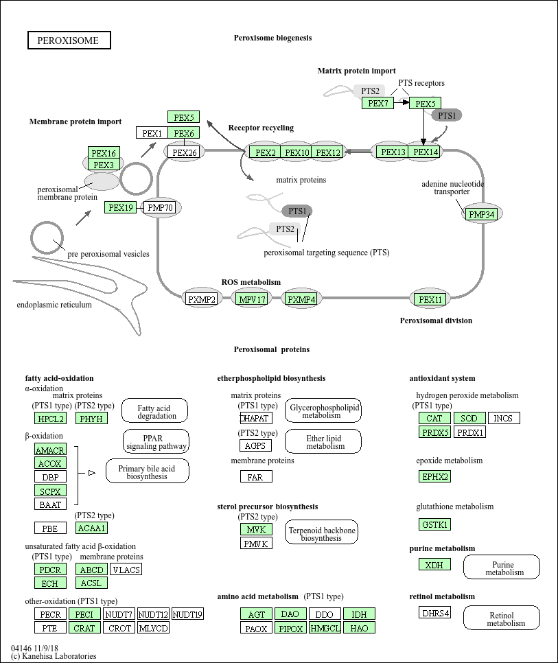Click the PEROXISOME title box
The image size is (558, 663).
coord(69,40)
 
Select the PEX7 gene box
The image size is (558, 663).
coord(377,103)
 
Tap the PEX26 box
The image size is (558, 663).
coord(184,152)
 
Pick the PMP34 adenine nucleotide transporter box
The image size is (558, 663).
coord(480,215)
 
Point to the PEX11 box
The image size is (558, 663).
coord(430,299)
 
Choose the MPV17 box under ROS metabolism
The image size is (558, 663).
coord(251,299)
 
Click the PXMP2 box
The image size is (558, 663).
coord(202,299)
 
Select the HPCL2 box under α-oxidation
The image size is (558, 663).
coord(51,418)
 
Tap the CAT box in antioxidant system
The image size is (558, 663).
coord(434,418)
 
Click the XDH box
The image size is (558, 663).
coord(434,565)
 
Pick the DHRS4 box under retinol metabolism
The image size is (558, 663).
coord(435,613)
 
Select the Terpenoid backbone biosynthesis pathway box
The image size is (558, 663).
coord(321,534)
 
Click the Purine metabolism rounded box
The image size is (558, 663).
coord(502,568)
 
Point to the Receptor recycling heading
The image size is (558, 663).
coord(261,128)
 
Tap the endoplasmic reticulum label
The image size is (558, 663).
coord(54,305)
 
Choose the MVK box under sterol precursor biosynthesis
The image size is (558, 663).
coord(256,529)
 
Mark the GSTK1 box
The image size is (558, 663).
coord(434,524)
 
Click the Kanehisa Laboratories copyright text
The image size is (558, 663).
coord(54,656)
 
